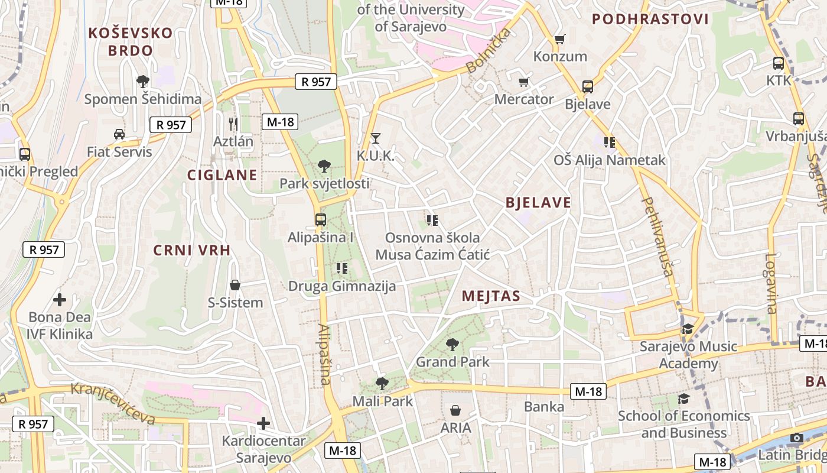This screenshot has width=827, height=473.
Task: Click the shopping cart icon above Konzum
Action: click(x=559, y=40)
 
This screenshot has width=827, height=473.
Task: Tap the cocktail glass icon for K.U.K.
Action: click(x=375, y=138)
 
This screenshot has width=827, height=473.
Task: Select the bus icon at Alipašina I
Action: click(x=320, y=220)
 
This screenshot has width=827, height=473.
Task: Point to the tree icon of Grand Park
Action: click(x=452, y=344)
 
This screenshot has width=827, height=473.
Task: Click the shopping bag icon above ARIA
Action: click(x=455, y=410)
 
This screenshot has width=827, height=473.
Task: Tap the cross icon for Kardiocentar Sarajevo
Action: click(x=263, y=423)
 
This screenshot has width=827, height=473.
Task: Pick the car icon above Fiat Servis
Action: click(x=119, y=134)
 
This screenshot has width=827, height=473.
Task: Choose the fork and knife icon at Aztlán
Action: click(x=233, y=124)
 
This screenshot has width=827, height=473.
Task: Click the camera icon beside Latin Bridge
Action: click(x=797, y=438)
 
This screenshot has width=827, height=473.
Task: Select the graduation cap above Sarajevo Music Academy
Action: click(x=688, y=329)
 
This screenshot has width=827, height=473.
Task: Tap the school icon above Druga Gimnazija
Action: click(x=341, y=268)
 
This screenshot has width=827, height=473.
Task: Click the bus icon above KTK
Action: click(x=779, y=63)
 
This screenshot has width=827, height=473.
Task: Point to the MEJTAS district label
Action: click(x=491, y=296)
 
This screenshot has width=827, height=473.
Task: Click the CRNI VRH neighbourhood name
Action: click(x=192, y=250)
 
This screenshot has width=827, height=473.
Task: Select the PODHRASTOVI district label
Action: click(x=650, y=20)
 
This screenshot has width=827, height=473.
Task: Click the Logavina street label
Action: click(x=771, y=283)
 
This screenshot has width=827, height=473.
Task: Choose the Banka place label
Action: click(x=544, y=407)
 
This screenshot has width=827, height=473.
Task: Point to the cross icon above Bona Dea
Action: click(x=60, y=300)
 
